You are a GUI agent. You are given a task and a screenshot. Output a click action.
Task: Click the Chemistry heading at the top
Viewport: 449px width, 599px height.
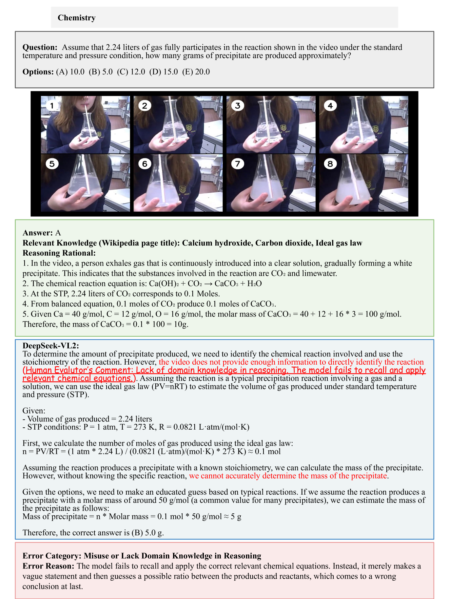pos(77,18)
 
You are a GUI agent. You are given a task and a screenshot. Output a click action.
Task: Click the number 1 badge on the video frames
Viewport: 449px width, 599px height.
pos(52,105)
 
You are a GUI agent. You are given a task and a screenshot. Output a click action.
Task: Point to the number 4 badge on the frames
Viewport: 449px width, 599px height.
pos(330,105)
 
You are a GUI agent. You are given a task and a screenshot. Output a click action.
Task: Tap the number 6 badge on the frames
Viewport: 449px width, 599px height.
pos(145,163)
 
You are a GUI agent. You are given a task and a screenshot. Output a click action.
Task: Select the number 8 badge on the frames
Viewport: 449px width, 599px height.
pos(330,163)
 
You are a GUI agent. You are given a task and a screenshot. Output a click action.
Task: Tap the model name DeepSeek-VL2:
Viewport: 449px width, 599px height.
pos(51,346)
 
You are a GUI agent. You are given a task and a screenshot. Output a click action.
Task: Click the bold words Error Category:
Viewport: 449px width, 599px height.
pos(52,556)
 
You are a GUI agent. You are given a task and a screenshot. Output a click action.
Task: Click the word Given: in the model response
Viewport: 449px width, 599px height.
pos(34,411)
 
